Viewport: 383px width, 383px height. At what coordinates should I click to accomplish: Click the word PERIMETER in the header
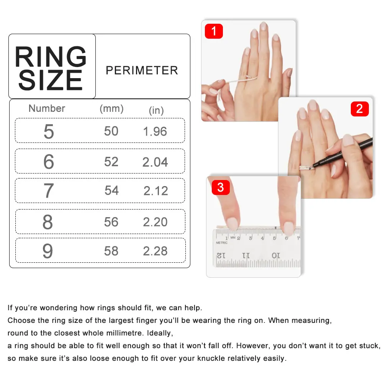142,70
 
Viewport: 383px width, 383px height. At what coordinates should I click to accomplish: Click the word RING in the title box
51,57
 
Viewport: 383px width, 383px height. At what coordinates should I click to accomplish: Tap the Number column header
47,108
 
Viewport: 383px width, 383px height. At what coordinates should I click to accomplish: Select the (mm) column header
111,108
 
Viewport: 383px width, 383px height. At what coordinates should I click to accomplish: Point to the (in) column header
156,111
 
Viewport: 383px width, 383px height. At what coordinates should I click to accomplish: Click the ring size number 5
49,131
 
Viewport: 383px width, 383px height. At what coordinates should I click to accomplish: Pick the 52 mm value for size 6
111,162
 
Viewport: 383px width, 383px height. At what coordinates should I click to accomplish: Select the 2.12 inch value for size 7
155,191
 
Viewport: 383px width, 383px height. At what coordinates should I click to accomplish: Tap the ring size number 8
48,222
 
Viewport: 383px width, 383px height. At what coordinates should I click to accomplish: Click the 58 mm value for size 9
111,251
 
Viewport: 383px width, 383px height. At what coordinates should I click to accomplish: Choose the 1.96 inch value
155,131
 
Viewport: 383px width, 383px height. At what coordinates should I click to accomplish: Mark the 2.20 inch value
155,222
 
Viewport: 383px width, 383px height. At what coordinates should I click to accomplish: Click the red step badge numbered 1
214,31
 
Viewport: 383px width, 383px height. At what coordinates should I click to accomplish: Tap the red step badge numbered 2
359,109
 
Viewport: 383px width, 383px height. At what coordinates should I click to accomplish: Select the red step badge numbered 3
220,188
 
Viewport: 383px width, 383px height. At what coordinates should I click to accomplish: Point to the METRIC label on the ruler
222,242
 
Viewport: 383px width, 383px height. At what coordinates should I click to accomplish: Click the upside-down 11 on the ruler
246,255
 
